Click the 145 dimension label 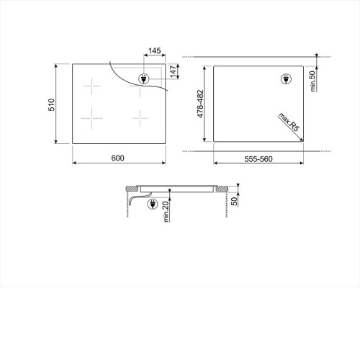(154, 51)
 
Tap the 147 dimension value (174, 71)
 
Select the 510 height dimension (52, 104)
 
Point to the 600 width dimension (118, 158)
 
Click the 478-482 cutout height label (200, 104)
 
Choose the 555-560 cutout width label (258, 159)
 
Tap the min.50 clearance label (312, 81)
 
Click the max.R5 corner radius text (289, 122)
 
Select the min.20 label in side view (166, 212)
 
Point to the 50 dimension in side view (234, 201)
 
